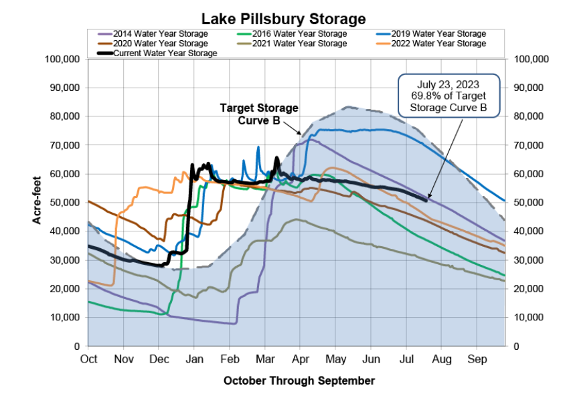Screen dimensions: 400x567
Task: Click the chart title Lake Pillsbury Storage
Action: [283, 17]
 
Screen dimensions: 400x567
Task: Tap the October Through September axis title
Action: [299, 381]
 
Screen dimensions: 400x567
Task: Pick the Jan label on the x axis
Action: [193, 359]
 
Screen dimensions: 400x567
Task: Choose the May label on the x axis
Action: [334, 359]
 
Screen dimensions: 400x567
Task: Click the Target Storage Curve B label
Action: [259, 114]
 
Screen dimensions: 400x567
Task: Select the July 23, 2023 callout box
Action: [449, 96]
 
